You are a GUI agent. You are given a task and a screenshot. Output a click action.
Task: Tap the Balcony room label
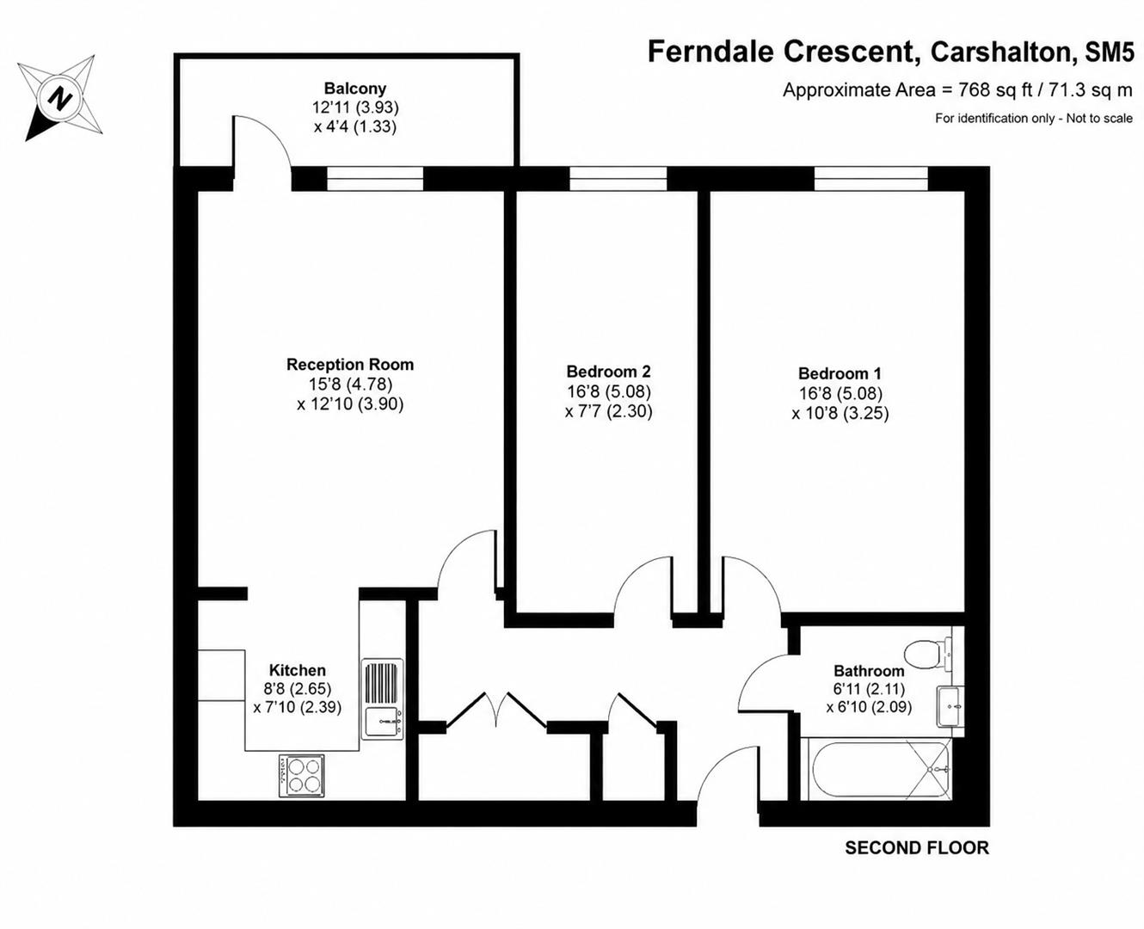click(355, 88)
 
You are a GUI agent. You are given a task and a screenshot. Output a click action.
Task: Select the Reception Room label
click(350, 365)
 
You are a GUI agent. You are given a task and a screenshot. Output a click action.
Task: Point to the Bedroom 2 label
click(608, 371)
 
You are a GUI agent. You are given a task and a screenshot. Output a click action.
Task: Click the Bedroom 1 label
click(840, 373)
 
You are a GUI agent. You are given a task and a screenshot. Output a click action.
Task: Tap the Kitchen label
click(298, 670)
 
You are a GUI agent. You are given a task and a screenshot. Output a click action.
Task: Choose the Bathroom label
click(869, 671)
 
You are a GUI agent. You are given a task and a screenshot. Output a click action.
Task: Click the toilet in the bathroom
click(928, 655)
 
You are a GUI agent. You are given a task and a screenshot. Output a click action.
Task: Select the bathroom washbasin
click(950, 707)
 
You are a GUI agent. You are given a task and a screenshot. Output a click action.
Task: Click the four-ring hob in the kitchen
click(302, 776)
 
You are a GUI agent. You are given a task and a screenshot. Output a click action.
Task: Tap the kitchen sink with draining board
click(383, 699)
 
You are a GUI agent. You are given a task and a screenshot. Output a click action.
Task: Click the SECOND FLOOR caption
click(917, 848)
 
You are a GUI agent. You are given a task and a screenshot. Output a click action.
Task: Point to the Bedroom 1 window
click(871, 178)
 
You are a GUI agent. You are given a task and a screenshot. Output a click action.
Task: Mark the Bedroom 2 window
click(618, 178)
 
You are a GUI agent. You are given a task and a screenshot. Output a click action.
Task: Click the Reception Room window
click(375, 178)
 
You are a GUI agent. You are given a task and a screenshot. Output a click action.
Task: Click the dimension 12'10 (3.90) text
click(350, 403)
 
